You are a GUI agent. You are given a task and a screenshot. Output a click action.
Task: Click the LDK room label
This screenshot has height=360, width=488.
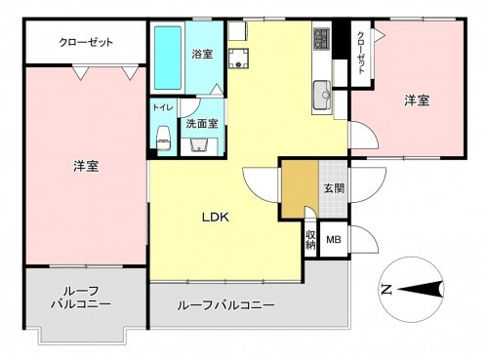tap(215, 218)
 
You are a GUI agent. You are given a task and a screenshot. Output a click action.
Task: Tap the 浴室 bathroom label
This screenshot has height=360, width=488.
tap(202, 56)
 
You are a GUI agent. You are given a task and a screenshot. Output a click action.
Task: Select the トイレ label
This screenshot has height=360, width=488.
tap(162, 108)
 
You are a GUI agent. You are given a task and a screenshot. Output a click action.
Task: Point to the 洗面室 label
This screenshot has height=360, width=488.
tap(202, 124)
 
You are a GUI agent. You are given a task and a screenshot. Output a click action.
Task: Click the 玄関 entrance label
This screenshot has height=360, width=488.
tap(334, 187)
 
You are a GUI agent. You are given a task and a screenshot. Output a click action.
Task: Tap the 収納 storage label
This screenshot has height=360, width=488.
tap(309, 239)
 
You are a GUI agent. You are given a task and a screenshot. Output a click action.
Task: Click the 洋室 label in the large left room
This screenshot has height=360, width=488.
tap(86, 166)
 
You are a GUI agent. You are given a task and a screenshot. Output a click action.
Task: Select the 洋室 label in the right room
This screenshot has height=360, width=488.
tap(418, 100)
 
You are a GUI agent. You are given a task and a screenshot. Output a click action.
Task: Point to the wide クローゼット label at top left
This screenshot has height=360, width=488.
tap(86, 44)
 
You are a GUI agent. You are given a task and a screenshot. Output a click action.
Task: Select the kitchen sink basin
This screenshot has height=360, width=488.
tap(323, 97)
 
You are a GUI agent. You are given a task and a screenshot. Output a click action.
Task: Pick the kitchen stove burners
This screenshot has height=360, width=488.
tap(322, 40)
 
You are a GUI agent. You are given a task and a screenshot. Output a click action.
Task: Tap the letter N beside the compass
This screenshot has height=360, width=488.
tap(386, 289)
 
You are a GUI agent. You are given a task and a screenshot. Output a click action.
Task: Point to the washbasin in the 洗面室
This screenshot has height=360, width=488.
tap(201, 144)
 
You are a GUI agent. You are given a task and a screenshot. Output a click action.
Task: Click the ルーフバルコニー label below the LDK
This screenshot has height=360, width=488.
tap(225, 304)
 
